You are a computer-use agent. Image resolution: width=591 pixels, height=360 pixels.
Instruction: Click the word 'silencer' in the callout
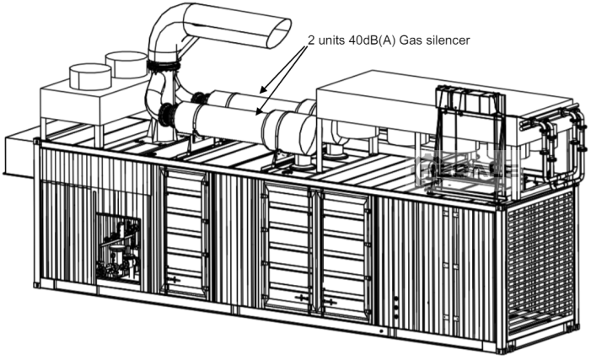click(448, 40)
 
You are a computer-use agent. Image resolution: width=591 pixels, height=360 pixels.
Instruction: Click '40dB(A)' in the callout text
click(373, 40)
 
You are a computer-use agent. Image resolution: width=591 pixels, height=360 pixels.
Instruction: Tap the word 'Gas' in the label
click(411, 40)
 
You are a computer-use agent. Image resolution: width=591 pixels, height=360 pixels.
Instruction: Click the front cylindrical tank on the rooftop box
click(90, 77)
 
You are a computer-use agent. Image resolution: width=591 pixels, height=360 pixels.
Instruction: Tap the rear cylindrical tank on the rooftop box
click(126, 64)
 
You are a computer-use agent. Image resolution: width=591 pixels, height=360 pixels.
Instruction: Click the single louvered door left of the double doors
click(185, 234)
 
